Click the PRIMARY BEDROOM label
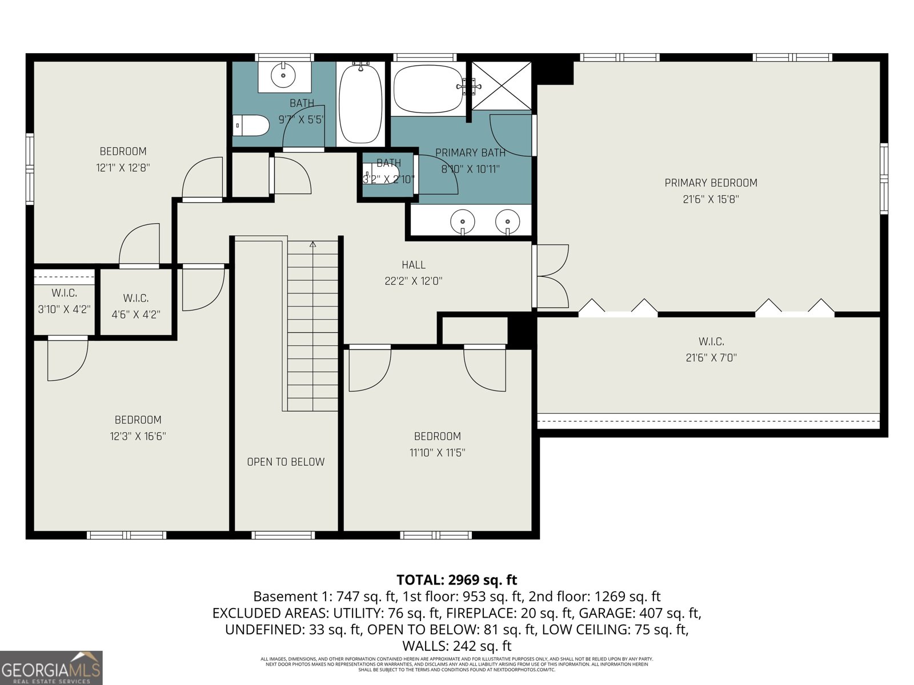pos(711,183)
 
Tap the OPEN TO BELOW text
pos(286,462)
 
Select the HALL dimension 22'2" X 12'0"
pos(413,281)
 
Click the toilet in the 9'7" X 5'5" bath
pos(251,126)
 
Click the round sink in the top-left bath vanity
pos(284,74)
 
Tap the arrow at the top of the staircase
pos(312,244)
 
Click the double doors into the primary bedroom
pos(551,277)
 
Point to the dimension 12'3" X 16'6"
pos(138,436)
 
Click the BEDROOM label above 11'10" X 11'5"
pos(437,436)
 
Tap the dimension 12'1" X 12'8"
pos(123,168)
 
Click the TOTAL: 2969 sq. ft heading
pos(456,580)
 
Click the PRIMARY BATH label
pos(470,152)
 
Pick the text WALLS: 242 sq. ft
pos(456,646)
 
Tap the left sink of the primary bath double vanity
pos(462,220)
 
